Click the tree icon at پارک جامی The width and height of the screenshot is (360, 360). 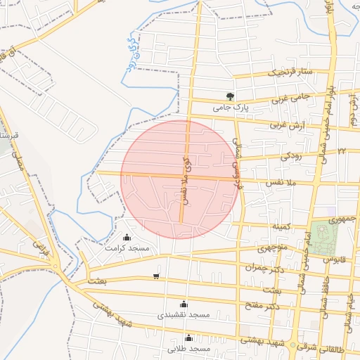230,96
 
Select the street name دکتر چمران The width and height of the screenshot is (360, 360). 263,267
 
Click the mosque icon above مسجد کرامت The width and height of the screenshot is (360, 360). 127,237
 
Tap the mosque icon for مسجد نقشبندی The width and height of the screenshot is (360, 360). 184,304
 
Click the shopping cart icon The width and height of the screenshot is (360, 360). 155,276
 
